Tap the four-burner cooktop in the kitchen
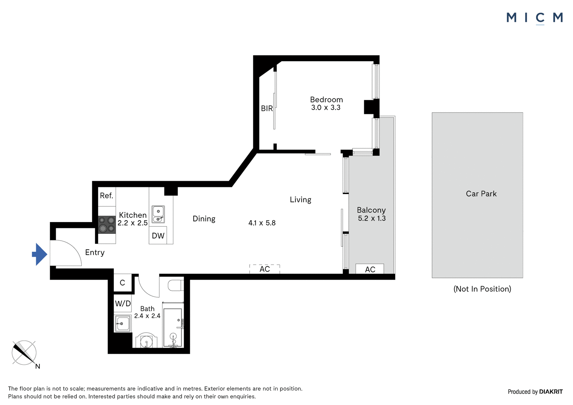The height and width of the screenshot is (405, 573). (107, 225)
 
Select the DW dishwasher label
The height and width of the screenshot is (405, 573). (158, 236)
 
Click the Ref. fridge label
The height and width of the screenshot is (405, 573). (106, 196)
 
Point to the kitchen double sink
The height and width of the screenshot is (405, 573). (158, 214)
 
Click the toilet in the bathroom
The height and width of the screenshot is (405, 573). (176, 285)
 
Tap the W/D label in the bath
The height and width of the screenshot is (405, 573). (123, 303)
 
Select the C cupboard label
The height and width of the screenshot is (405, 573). (122, 283)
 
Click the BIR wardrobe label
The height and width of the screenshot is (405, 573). (267, 109)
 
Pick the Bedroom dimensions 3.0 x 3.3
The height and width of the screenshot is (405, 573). (326, 107)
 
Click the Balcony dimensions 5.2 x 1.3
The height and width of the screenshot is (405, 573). (372, 218)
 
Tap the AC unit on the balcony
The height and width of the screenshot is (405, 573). (370, 269)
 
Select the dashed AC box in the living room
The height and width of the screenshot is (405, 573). (265, 269)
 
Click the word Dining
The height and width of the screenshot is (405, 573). (204, 219)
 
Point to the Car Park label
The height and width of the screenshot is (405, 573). (481, 194)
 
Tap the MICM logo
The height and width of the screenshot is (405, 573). (535, 18)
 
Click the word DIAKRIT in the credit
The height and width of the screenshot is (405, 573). (551, 391)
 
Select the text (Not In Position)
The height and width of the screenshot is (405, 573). (482, 289)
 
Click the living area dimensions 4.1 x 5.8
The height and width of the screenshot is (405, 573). (262, 223)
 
